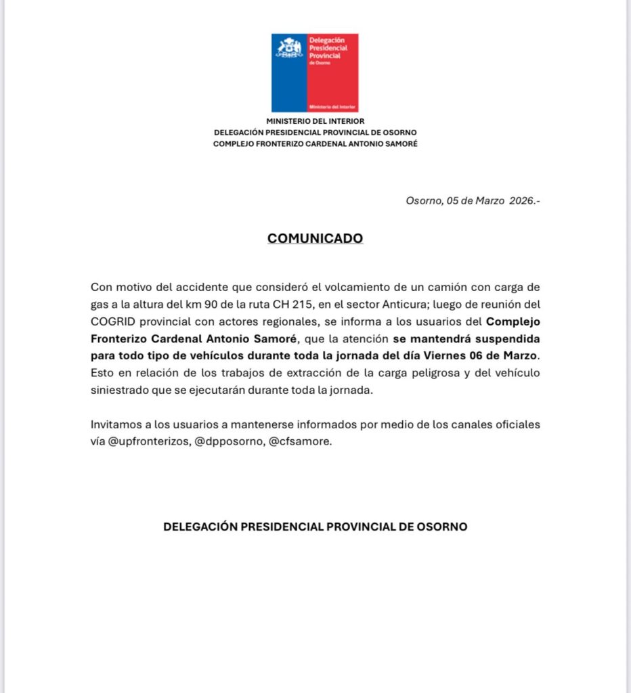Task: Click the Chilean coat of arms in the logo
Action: pos(289,48)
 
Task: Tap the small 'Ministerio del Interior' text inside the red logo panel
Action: pos(332,107)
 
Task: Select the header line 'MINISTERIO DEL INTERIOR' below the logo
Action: pos(315,121)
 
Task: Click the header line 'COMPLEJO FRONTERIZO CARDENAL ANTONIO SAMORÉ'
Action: pos(315,143)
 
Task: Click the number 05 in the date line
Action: pos(454,201)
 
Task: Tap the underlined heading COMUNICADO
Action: pos(315,238)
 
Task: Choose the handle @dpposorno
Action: pos(225,442)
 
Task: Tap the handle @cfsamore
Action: pos(301,442)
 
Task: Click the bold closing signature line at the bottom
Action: pos(315,527)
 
